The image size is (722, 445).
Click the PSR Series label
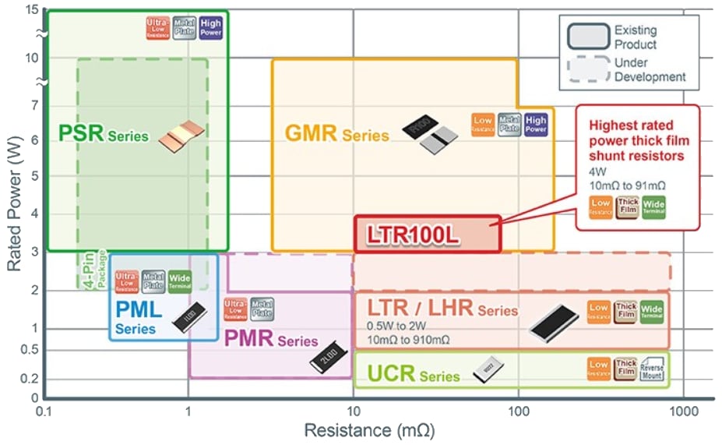coord(103,133)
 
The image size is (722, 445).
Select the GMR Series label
coord(336,133)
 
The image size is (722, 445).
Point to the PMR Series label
coord(270,339)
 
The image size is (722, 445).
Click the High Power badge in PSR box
coord(210,27)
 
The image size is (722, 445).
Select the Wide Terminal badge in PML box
coord(180,281)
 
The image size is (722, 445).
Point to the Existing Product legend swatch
coord(587,37)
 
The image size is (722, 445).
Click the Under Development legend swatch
coord(587,69)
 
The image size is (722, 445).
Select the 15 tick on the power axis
coord(31,10)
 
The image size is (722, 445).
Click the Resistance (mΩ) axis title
coord(368,430)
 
